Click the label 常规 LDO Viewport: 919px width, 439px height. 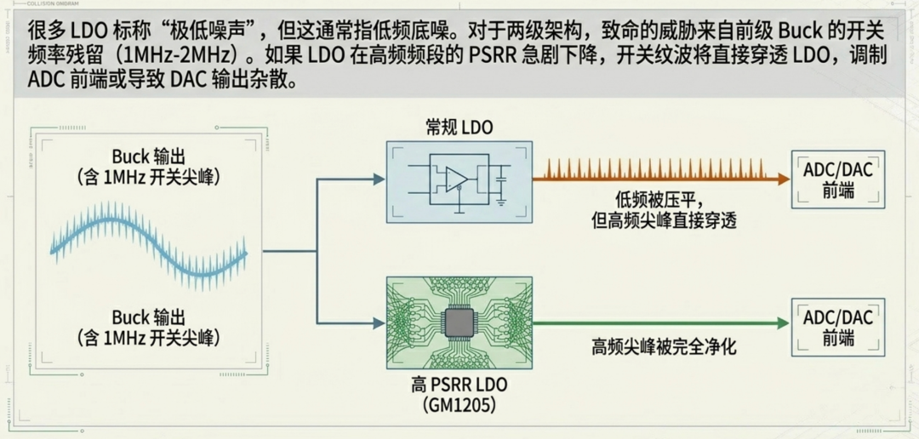459,128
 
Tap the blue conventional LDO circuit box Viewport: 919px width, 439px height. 459,181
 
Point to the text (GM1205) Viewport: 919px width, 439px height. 459,406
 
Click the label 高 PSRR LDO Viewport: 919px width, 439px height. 459,386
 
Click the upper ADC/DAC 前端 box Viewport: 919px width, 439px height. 837,180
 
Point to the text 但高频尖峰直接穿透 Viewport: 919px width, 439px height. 664,220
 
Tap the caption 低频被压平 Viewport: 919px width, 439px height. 664,200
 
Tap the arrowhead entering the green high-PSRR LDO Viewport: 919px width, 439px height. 379,323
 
